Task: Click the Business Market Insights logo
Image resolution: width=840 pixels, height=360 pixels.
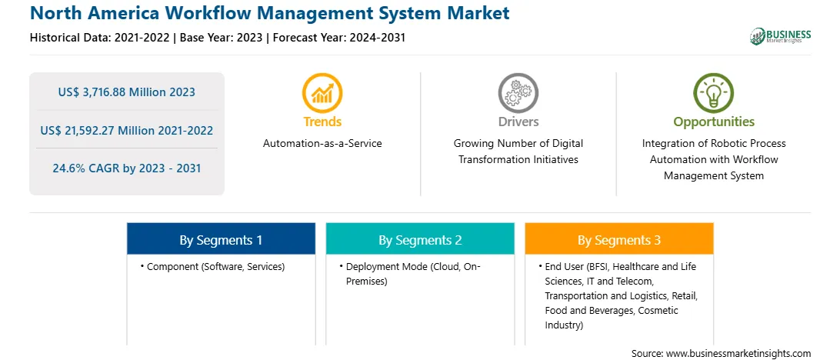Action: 781,36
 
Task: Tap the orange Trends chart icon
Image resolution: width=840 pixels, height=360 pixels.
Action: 322,92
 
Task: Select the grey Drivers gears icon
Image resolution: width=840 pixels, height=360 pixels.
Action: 518,92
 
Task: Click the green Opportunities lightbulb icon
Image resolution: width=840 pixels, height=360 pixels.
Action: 714,92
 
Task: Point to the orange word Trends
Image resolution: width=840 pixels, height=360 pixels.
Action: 322,122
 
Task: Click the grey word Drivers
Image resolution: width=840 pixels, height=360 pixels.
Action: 518,122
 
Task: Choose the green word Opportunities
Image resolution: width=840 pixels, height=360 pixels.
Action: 714,122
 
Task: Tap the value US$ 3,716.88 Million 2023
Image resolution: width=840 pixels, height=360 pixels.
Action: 126,92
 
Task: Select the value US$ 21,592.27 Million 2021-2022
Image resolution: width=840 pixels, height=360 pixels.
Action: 126,130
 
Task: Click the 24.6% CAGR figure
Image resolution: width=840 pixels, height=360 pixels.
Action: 126,168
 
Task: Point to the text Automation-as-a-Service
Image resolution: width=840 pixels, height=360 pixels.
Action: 322,144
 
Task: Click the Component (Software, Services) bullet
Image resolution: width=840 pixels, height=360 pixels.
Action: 212,267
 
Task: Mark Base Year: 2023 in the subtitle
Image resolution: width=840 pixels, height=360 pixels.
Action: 222,38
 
